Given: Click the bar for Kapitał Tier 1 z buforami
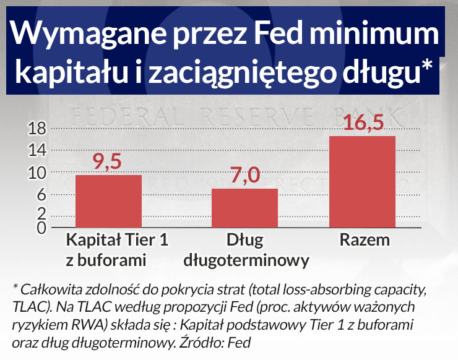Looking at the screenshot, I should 108,201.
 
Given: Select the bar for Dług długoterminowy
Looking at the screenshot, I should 244,208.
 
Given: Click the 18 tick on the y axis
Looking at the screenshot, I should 39,128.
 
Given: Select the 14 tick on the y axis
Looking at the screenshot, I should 39,150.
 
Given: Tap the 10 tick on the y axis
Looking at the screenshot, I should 39,173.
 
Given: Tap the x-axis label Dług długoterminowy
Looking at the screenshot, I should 246,249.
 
